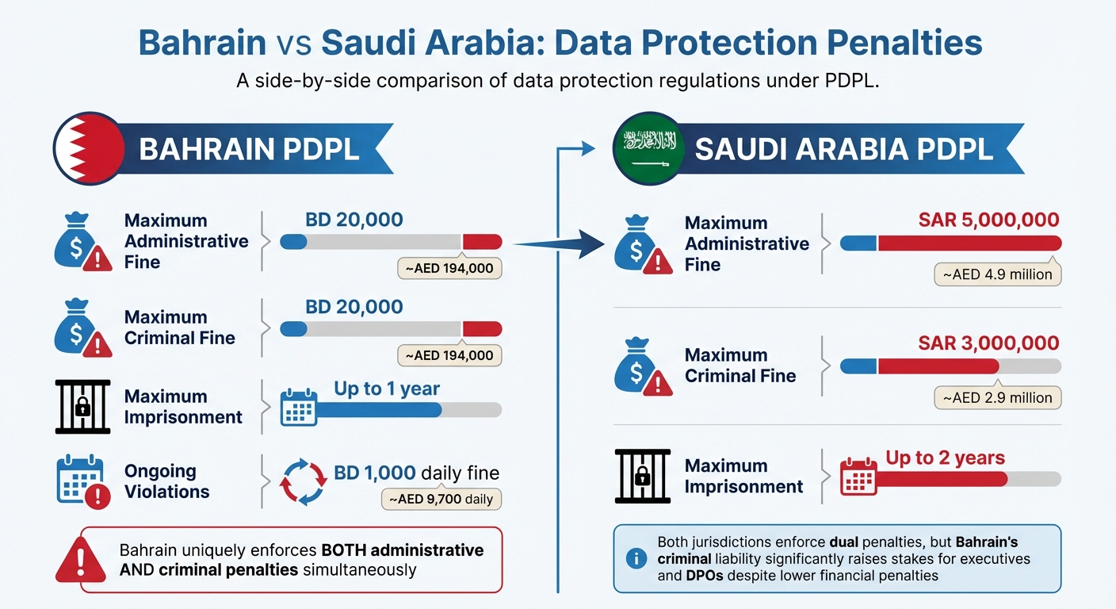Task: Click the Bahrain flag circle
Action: [x=89, y=148]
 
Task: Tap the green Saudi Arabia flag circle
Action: [x=649, y=148]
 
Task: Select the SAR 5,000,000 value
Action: [x=988, y=220]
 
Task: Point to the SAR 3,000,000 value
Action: [x=988, y=343]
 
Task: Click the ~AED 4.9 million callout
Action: [x=997, y=274]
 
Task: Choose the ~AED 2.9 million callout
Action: [x=997, y=397]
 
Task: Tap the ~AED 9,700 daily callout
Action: [x=442, y=499]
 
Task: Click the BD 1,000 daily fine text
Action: [x=416, y=473]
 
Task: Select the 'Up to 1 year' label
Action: [x=386, y=389]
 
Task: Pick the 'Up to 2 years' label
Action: [x=945, y=458]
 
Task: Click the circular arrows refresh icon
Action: [x=304, y=481]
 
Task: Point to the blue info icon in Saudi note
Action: [x=636, y=558]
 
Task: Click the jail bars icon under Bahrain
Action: [x=82, y=407]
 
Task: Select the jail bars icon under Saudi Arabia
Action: [x=642, y=476]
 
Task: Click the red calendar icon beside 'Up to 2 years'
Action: [x=858, y=475]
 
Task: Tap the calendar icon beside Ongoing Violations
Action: [x=81, y=481]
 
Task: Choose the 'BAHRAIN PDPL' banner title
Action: [x=249, y=149]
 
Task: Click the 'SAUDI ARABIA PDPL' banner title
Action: [x=843, y=150]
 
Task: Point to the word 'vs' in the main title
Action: [x=293, y=43]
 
